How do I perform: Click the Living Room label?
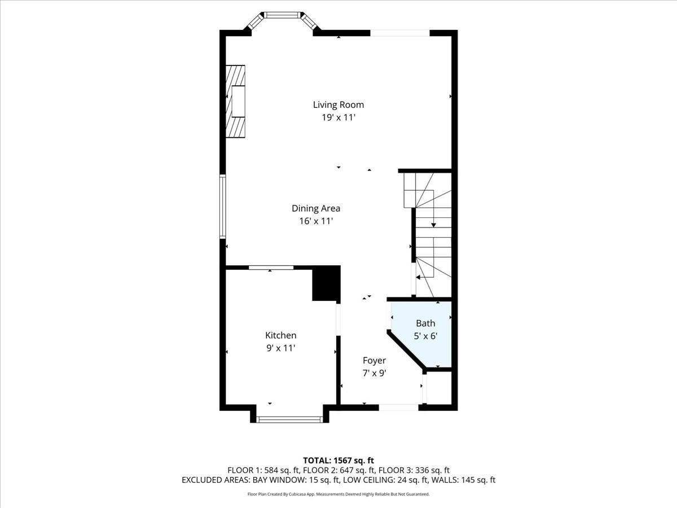(x=338, y=104)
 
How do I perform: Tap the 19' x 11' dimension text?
(x=338, y=118)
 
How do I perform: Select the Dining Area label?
(x=315, y=208)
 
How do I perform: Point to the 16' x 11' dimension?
(x=315, y=222)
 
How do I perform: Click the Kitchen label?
(x=281, y=335)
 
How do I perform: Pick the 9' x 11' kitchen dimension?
(x=281, y=349)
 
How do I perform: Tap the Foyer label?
(x=374, y=360)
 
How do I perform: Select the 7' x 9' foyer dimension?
(x=374, y=373)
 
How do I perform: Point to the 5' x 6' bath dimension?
(x=426, y=336)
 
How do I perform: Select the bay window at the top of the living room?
(x=282, y=17)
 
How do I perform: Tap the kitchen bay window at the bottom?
(x=289, y=419)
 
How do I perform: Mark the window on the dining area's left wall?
(x=223, y=206)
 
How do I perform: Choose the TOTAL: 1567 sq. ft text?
(x=338, y=459)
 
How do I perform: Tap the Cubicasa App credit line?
(x=338, y=494)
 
